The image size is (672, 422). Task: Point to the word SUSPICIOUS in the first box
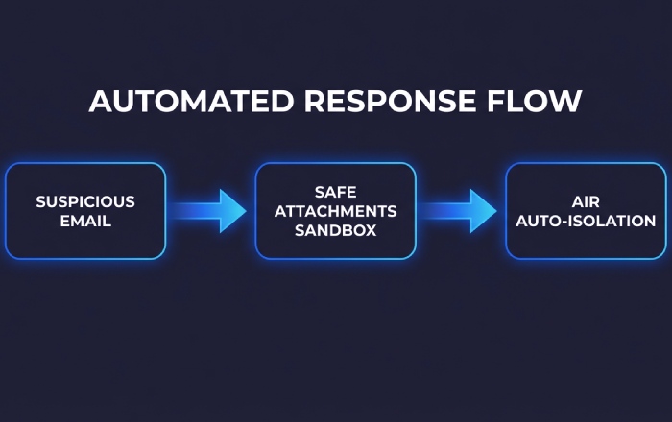coord(85,201)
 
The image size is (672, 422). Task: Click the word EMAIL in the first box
coord(85,221)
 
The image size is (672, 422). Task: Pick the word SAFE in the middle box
coord(335,192)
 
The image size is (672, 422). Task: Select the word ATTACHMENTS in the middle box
coord(335,211)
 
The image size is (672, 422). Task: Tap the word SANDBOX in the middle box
coord(335,230)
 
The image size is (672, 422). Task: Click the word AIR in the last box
coord(586,201)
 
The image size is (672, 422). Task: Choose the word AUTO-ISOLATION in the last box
coord(586,221)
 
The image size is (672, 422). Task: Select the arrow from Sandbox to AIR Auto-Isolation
coord(459,211)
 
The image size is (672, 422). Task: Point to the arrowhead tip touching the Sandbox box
coord(247,211)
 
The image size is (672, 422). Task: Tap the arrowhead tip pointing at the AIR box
coord(496,211)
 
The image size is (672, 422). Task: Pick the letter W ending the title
coord(568,102)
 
